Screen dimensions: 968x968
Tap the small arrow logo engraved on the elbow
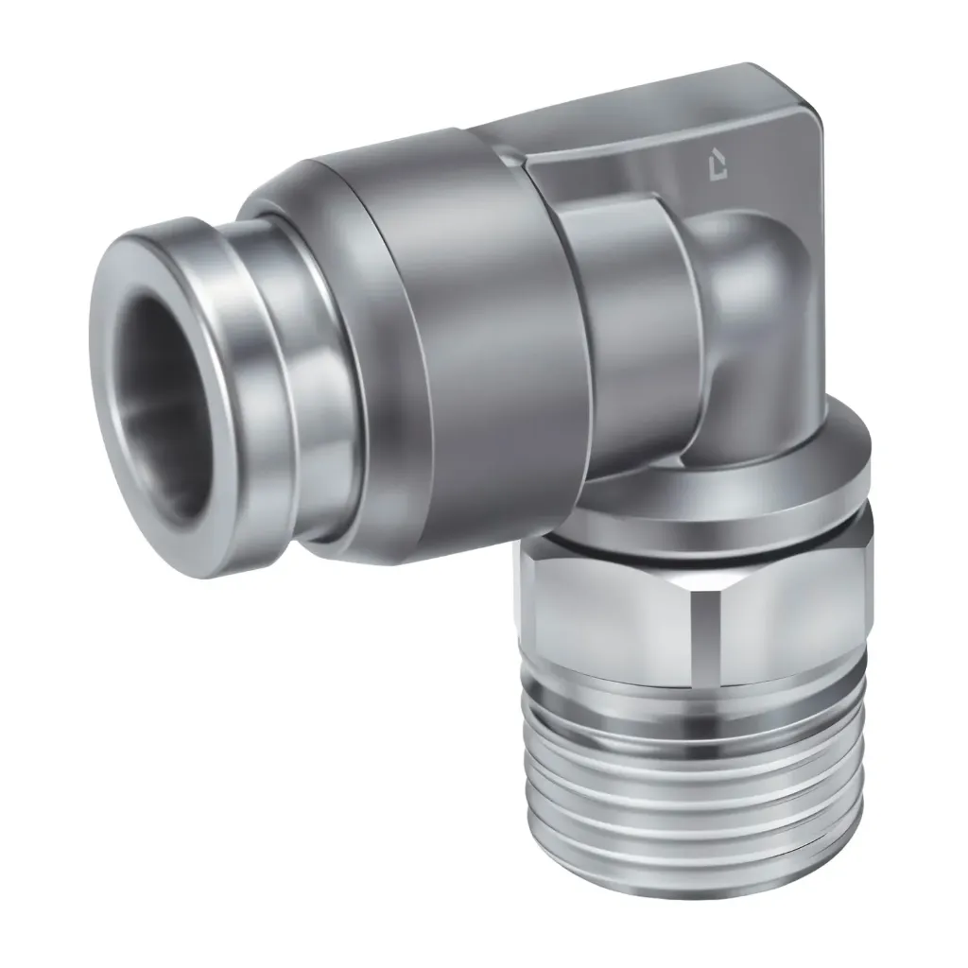tap(721, 167)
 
